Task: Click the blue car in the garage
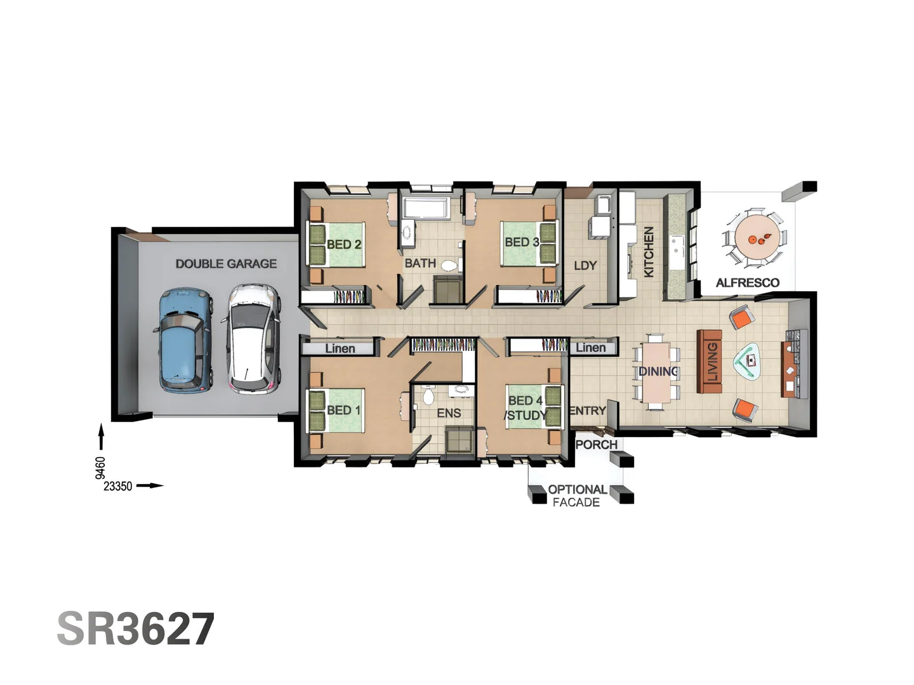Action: pos(182,340)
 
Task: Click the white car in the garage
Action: pos(253,339)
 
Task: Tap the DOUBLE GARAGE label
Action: pos(226,263)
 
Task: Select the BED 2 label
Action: pos(344,244)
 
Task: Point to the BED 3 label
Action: pos(522,242)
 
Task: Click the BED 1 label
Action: pos(343,410)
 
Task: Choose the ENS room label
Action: pos(449,413)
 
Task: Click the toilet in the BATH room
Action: pos(449,265)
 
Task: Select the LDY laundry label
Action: pos(585,265)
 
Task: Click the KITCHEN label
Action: pos(649,252)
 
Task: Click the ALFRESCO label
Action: pos(748,283)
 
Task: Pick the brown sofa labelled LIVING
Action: pos(710,361)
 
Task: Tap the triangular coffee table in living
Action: pos(750,362)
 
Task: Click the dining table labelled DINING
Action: pos(657,372)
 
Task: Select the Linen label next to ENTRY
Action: pos(590,348)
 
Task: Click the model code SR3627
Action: pos(136,629)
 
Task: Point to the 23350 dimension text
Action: pos(118,486)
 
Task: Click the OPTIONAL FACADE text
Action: pos(576,495)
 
